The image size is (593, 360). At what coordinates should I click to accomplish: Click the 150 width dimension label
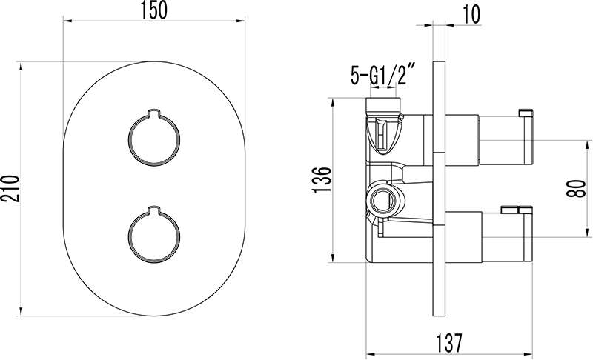pos(154,10)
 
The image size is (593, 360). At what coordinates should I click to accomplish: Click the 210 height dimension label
pos(10,188)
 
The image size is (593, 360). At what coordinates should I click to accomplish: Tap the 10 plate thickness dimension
pos(471,15)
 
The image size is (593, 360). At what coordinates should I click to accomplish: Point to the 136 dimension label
pos(322,179)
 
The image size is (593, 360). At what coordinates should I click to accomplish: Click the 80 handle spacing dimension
pos(576,188)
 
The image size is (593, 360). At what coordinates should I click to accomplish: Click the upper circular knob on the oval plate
pos(154,139)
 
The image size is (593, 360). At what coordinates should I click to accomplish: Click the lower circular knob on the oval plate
pos(154,236)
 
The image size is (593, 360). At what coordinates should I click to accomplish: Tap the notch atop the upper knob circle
pos(154,113)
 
